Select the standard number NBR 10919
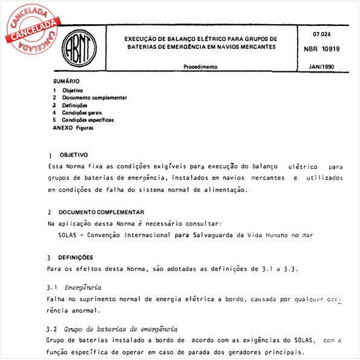323,48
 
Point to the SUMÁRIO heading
66,81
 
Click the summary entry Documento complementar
94,97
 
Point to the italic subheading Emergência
83,287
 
